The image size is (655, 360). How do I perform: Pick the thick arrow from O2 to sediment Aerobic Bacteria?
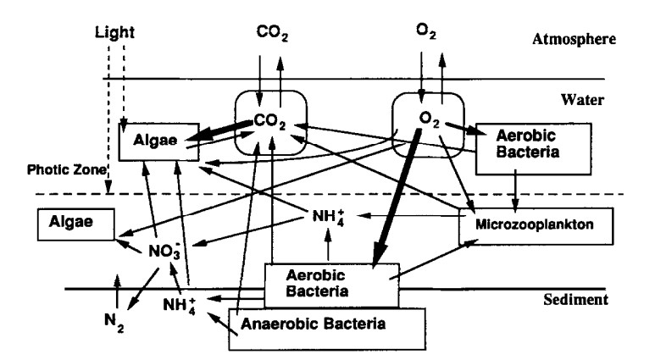[x=397, y=195]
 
